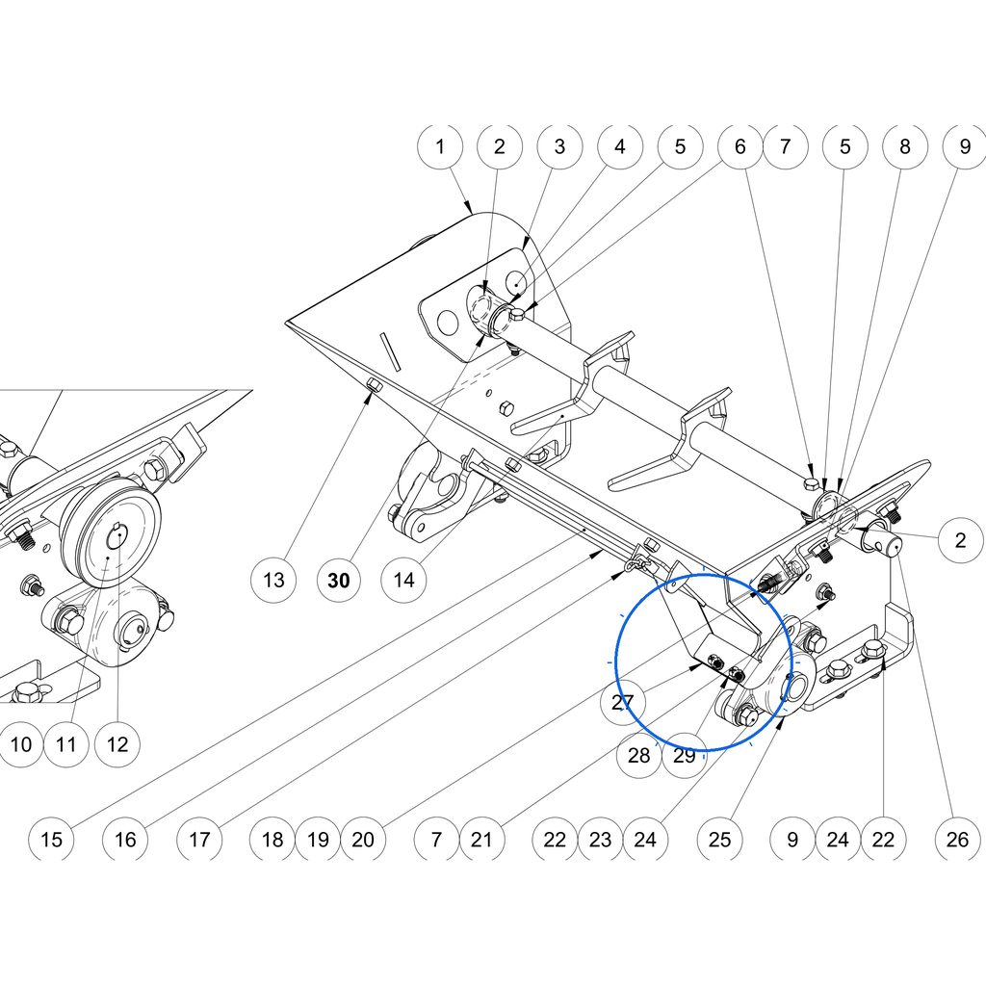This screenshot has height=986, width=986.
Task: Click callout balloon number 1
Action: (440, 146)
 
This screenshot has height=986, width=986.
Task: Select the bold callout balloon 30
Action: (339, 580)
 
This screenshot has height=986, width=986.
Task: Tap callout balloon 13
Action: (273, 580)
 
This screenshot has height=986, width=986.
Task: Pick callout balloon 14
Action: (403, 580)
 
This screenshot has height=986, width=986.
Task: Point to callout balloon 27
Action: (623, 702)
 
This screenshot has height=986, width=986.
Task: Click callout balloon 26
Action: (958, 840)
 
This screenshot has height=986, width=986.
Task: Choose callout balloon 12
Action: (117, 744)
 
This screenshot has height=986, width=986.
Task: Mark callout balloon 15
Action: (52, 840)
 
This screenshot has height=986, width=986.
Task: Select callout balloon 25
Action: (720, 840)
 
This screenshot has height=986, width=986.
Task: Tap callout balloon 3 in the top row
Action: (559, 146)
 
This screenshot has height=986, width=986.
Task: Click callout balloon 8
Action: (905, 146)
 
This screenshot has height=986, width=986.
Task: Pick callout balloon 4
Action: (620, 146)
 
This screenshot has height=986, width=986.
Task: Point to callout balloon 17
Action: (199, 840)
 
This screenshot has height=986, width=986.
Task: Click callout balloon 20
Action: (363, 840)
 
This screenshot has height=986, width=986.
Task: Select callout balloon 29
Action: (685, 755)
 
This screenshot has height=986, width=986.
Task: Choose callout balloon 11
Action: (66, 744)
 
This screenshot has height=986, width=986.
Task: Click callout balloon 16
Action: (125, 840)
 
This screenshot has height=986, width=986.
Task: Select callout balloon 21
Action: (481, 840)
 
